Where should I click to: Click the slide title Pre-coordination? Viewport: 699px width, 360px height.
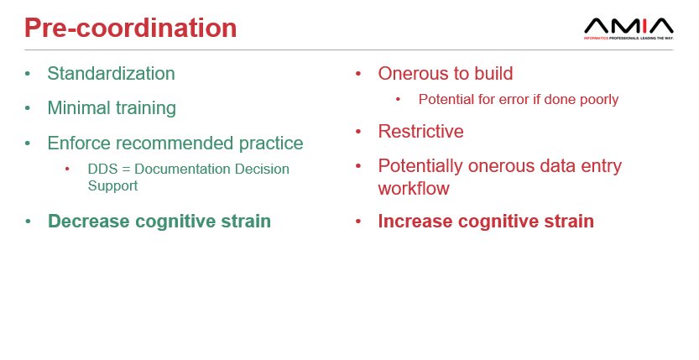pyautogui.click(x=130, y=28)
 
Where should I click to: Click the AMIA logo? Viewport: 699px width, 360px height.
pyautogui.click(x=628, y=29)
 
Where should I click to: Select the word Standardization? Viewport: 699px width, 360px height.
pyautogui.click(x=111, y=73)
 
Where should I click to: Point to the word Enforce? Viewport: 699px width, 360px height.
pyautogui.click(x=80, y=143)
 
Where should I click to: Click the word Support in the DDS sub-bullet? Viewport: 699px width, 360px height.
pyautogui.click(x=112, y=185)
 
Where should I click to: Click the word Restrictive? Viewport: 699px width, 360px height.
pyautogui.click(x=420, y=132)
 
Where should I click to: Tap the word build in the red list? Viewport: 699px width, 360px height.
pyautogui.click(x=491, y=73)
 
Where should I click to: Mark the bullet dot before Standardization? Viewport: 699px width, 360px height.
pyautogui.click(x=28, y=74)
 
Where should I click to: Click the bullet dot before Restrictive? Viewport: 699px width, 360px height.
pyautogui.click(x=358, y=133)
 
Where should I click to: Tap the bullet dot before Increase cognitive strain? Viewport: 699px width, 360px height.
pyautogui.click(x=358, y=222)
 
